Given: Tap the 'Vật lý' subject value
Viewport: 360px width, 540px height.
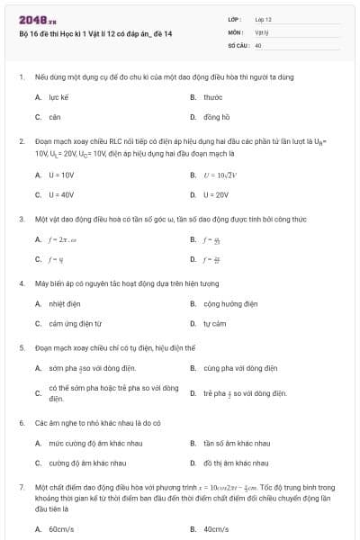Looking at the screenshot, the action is click(x=262, y=31).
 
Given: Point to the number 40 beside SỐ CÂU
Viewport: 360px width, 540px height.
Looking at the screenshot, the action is click(x=258, y=44).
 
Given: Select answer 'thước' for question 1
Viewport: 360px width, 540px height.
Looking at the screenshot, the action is click(x=213, y=96).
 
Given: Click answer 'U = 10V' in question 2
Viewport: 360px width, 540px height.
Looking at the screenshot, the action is click(x=61, y=174).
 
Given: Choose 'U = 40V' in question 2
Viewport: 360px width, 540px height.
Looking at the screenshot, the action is click(x=61, y=194).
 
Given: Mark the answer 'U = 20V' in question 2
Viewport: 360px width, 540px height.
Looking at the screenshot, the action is click(x=216, y=194).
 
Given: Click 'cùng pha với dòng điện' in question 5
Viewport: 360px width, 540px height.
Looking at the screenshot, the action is click(x=239, y=368).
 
